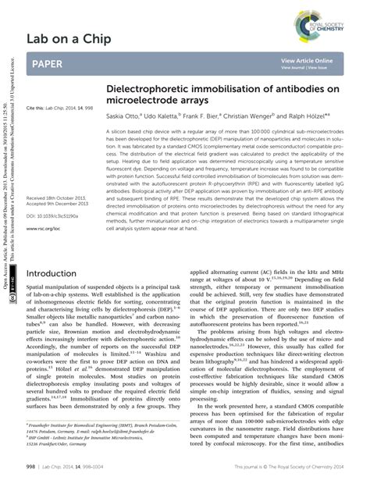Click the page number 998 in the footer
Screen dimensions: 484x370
tap(32, 467)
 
